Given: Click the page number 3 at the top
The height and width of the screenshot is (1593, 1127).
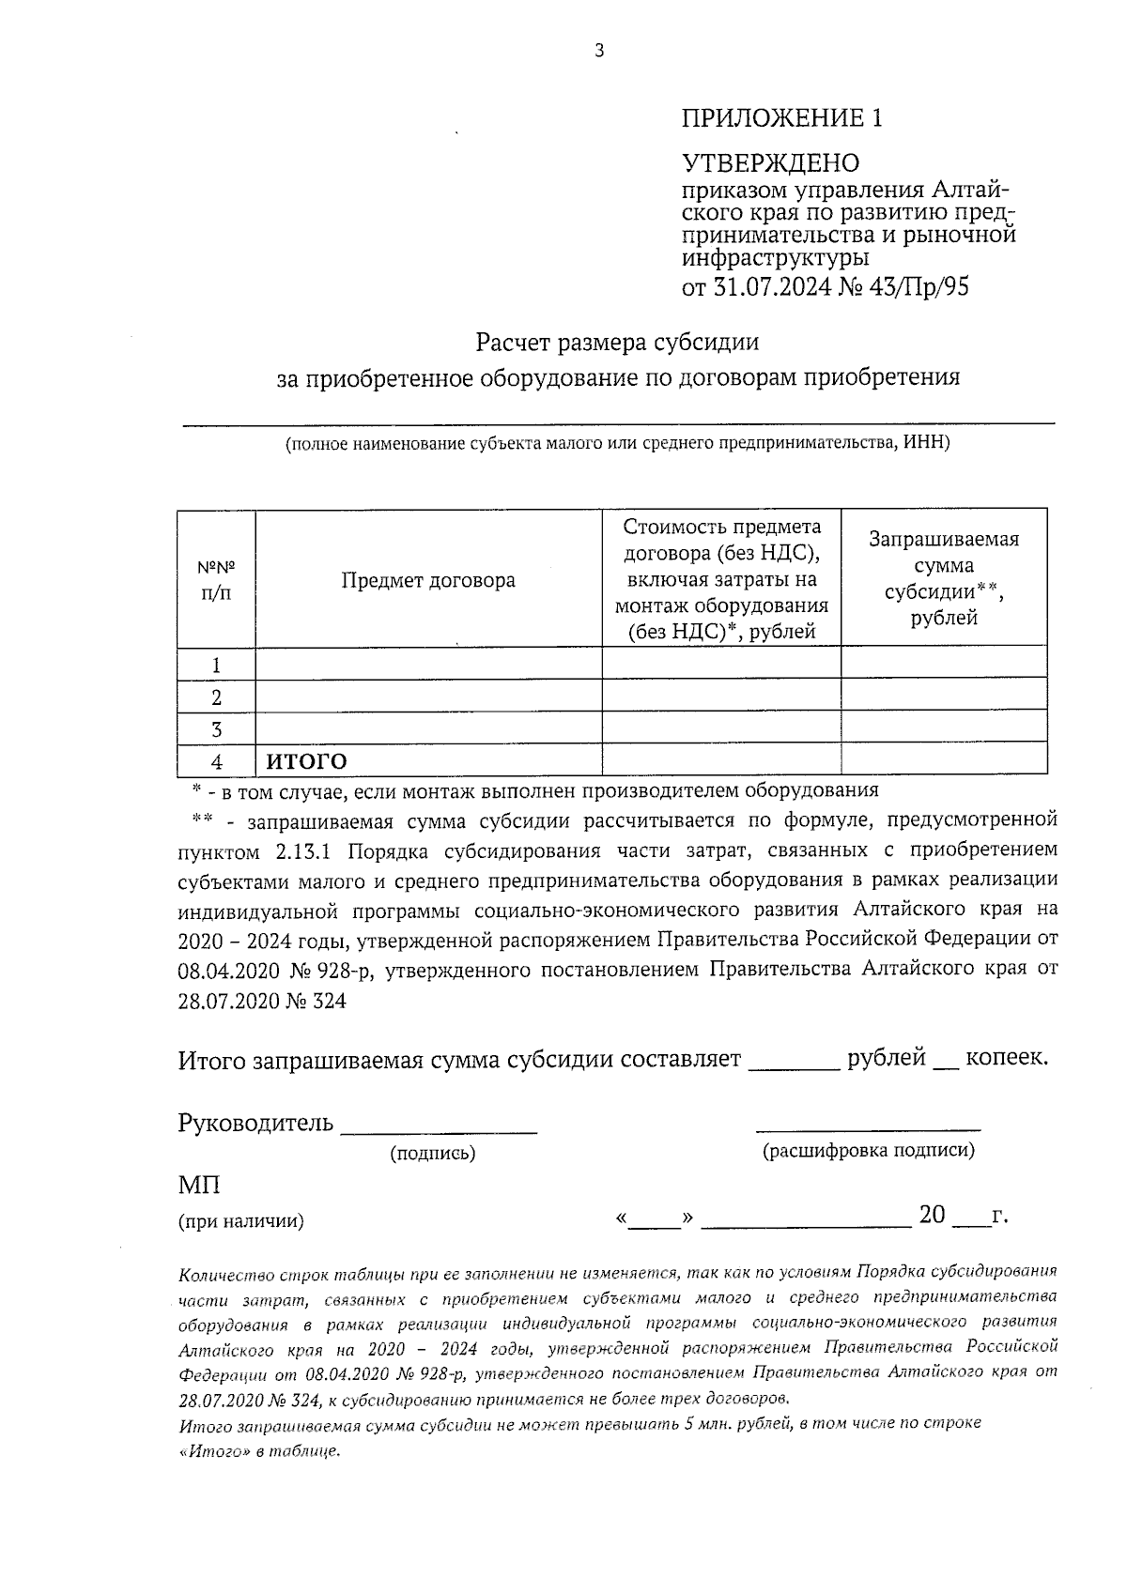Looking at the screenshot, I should [x=599, y=52].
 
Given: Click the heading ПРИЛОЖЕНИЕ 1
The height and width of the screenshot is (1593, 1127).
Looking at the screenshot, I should [x=781, y=118].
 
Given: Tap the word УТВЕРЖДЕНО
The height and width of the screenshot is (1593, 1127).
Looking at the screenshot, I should [x=770, y=163].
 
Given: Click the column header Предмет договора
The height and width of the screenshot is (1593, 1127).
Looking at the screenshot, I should [x=428, y=580].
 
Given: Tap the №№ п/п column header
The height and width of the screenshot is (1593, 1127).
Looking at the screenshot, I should [x=216, y=580].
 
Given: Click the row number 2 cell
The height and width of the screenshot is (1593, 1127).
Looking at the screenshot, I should [x=217, y=697].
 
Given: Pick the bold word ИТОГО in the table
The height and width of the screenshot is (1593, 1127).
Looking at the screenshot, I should [x=306, y=760].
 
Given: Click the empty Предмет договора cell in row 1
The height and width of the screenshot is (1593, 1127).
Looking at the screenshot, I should [x=428, y=665].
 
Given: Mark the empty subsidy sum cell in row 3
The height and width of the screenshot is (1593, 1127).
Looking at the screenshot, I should [x=944, y=728].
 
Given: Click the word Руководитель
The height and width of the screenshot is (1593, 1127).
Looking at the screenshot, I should [x=255, y=1123].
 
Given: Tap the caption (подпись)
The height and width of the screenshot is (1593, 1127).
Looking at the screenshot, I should [x=433, y=1153].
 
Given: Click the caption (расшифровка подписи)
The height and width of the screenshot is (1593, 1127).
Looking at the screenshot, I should [x=868, y=1150].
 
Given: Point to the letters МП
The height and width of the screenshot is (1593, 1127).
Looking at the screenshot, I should [x=199, y=1186].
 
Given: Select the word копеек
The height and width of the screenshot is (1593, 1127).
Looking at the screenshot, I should [x=1007, y=1058].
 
